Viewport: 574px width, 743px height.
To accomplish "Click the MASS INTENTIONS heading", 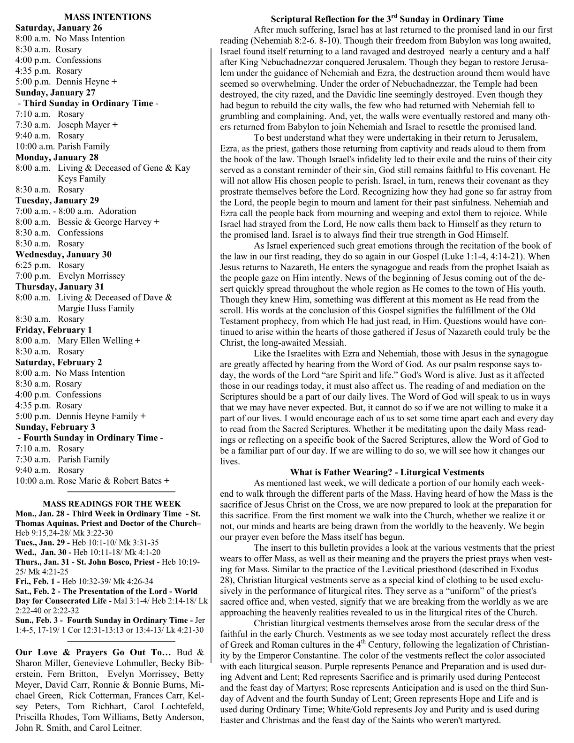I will [107, 17].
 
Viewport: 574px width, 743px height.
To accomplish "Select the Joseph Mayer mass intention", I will [84, 125].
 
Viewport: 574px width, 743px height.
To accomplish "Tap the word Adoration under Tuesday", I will [117, 211].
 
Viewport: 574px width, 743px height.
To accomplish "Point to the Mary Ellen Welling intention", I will [96, 341].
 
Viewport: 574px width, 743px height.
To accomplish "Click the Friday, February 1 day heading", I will [54, 330].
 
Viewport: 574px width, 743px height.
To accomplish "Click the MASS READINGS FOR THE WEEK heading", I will [112, 504].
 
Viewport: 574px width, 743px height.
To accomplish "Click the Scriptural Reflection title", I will [387, 19].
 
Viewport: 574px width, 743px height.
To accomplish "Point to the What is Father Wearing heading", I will [387, 472].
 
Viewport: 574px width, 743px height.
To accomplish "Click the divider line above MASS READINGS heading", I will [121, 492].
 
